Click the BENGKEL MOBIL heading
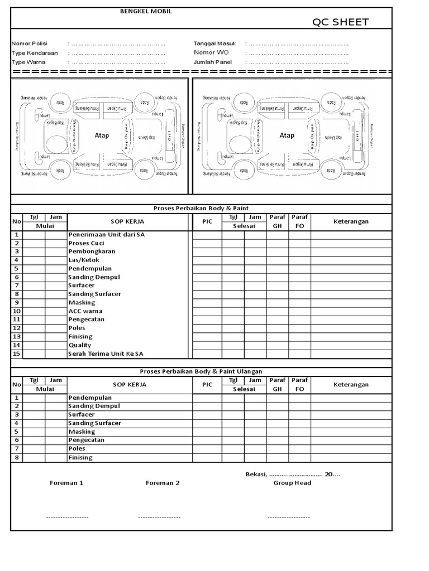click(x=146, y=11)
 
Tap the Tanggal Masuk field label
click(x=214, y=43)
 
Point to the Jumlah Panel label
click(x=212, y=62)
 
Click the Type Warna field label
click(x=28, y=62)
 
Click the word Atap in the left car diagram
click(x=102, y=136)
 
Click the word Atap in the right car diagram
click(x=287, y=136)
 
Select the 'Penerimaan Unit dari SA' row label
click(x=106, y=235)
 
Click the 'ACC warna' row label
click(x=85, y=311)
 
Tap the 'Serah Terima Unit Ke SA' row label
click(x=106, y=354)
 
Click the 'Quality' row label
click(x=80, y=345)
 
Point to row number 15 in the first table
click(x=17, y=354)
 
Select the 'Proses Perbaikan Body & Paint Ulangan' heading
click(x=201, y=371)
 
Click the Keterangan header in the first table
click(x=351, y=221)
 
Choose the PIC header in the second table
click(x=207, y=385)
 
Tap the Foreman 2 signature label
click(x=163, y=483)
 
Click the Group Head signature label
click(x=292, y=483)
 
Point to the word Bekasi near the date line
click(x=255, y=474)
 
